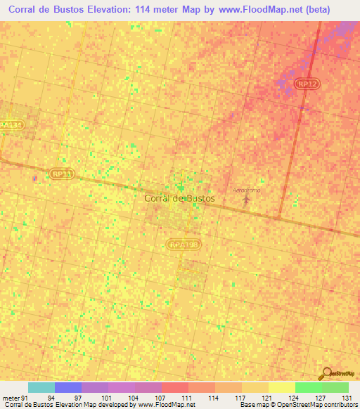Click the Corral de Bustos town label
pos(179,199)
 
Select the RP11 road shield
pos(62,173)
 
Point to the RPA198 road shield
pos(184,244)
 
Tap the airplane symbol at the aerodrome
pos(246,200)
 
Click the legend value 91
pos(25,398)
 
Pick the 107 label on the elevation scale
pos(161,398)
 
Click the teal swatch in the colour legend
pos(41,387)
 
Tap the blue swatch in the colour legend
pos(68,387)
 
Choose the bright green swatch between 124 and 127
pos(308,387)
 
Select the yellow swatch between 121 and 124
pos(281,387)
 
